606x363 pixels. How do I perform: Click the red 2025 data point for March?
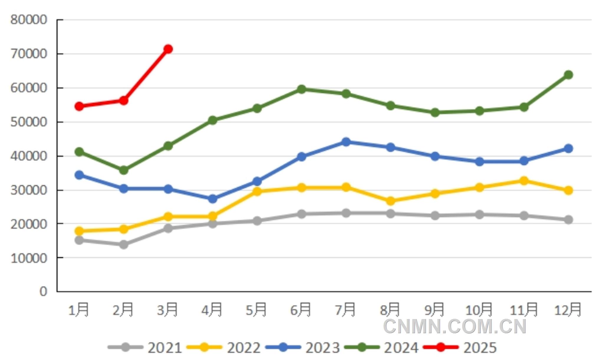tap(168, 49)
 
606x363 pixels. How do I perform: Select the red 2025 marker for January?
tap(79, 106)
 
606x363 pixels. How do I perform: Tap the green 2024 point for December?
tap(568, 75)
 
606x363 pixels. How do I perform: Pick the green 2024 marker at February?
tap(123, 170)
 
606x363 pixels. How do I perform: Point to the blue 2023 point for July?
tap(346, 142)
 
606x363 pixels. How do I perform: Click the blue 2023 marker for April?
tap(213, 199)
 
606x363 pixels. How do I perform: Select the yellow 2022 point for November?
tap(524, 181)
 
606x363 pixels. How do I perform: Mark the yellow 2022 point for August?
tap(391, 201)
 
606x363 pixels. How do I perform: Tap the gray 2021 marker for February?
tap(123, 244)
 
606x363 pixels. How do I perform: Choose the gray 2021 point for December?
tap(568, 220)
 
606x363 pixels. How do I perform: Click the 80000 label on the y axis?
tap(29, 20)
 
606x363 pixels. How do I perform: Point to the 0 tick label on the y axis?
tap(43, 291)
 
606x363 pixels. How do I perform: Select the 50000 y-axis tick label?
tap(29, 122)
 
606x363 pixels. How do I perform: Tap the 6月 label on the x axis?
tap(301, 310)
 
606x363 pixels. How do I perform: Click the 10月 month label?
tap(479, 310)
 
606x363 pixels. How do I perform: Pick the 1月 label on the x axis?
tap(78, 310)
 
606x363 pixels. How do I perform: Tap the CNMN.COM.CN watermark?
tap(454, 327)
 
